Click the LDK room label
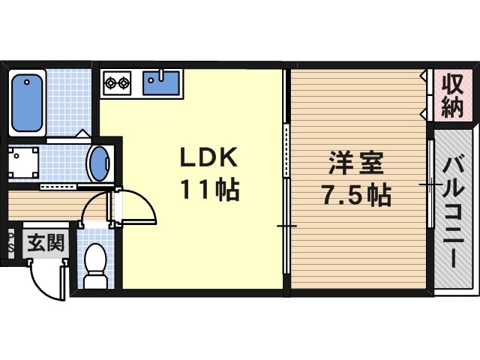tap(208, 157)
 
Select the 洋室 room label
tap(357, 163)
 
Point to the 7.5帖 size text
tap(357, 195)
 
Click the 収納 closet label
tap(451, 95)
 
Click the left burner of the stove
tap(110, 80)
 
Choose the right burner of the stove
tap(124, 80)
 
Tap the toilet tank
tap(95, 283)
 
